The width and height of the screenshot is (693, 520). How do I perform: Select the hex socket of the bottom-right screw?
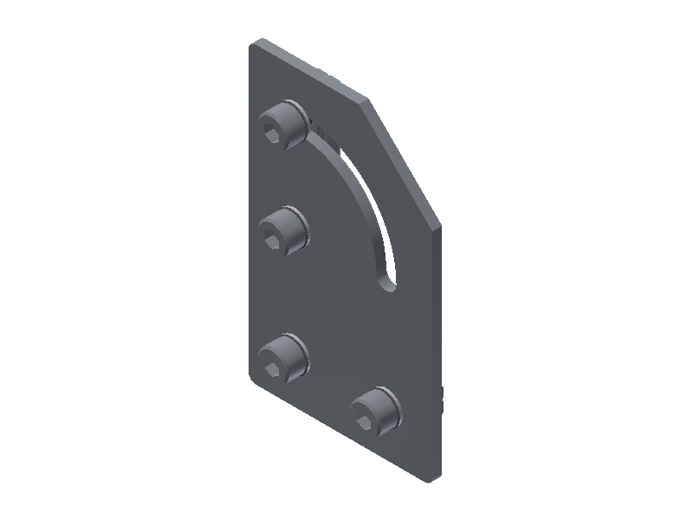366,419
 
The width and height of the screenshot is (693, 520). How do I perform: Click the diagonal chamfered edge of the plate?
404,163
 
